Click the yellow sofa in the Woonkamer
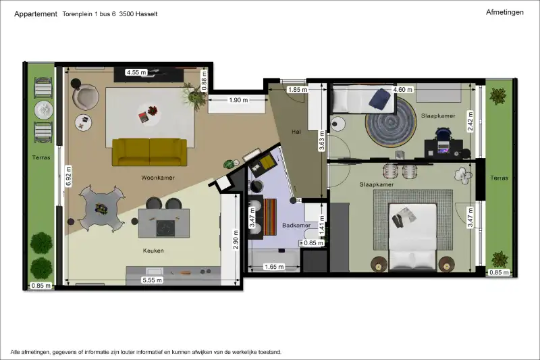click(x=149, y=152)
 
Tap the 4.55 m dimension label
click(x=136, y=72)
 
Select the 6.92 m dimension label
click(x=68, y=176)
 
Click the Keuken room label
click(x=153, y=251)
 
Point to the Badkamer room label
click(x=296, y=226)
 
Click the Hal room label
click(x=296, y=132)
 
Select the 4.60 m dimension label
click(x=402, y=90)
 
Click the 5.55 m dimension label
click(x=153, y=280)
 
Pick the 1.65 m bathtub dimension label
click(x=274, y=267)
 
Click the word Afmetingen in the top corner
click(x=504, y=12)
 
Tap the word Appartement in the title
click(x=36, y=14)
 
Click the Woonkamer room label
click(x=158, y=178)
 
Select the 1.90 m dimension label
click(x=238, y=100)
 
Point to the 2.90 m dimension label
click(x=236, y=240)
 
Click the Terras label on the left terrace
click(x=41, y=157)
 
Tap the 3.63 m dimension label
click(x=322, y=140)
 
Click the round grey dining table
click(x=101, y=209)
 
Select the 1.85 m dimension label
click(x=298, y=90)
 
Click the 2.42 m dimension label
click(x=470, y=121)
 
